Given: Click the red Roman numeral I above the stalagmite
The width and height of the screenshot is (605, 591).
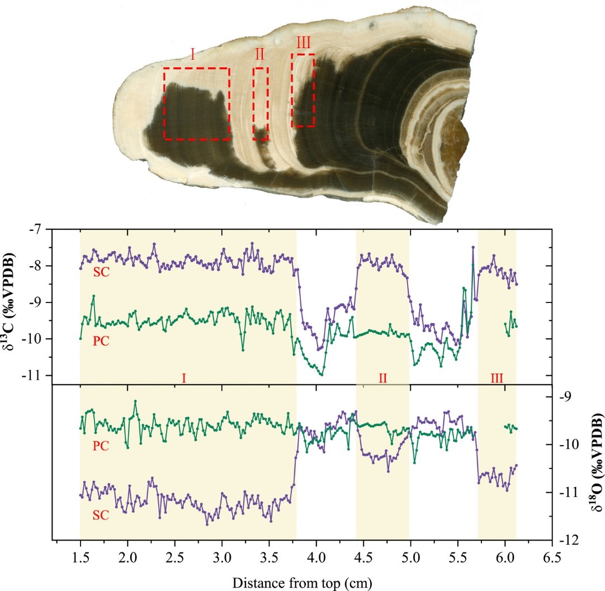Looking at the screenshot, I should [x=192, y=54].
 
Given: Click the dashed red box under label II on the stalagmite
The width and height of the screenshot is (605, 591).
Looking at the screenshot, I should [x=261, y=103].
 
